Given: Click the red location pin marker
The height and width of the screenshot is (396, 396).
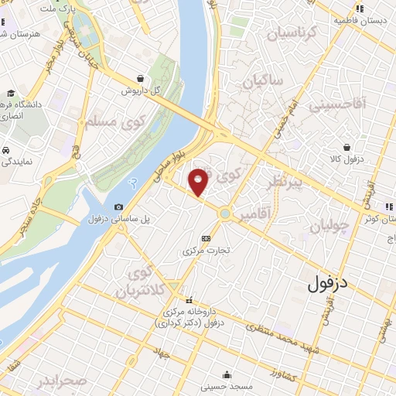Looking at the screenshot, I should (199, 182).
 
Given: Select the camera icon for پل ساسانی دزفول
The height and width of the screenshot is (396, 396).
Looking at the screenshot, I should (118, 207).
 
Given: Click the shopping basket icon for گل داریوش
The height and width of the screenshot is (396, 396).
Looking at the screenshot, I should (139, 78).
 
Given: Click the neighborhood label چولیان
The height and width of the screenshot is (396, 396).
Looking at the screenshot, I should (330, 226).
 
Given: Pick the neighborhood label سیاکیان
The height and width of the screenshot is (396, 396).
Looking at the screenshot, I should (263, 80).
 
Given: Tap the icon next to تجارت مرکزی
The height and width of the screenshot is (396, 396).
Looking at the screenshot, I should (206, 238).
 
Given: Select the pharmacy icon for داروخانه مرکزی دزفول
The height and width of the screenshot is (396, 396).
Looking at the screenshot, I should (188, 301).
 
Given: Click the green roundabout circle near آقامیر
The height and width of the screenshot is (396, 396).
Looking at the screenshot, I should (224, 213).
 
